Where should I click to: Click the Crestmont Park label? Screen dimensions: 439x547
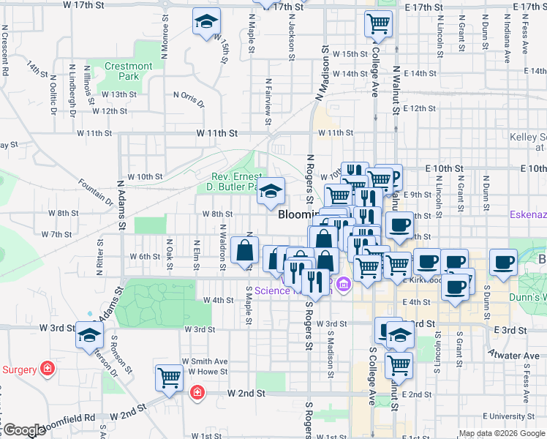128,71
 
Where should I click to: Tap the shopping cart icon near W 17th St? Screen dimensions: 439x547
379,23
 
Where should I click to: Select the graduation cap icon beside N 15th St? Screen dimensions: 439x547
207,23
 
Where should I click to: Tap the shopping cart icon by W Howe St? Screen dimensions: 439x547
169,378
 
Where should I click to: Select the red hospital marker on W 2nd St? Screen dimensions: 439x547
197,394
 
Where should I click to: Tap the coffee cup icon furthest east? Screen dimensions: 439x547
503,263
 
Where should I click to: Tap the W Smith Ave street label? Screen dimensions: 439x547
205,361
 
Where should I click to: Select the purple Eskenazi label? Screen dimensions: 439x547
528,215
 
